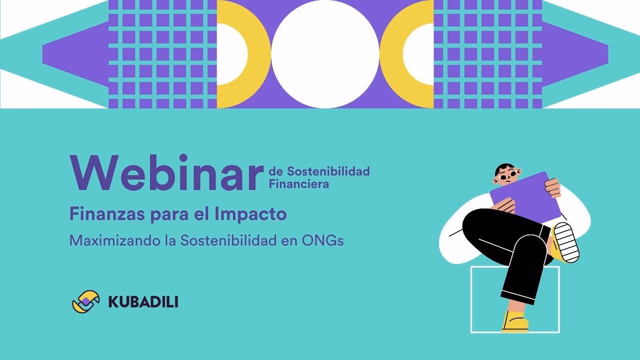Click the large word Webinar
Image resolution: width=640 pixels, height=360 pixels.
point(166,173)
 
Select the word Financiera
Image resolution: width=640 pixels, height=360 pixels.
point(299,184)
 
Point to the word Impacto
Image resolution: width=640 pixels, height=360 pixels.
point(250,214)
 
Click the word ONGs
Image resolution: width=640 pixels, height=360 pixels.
point(322,240)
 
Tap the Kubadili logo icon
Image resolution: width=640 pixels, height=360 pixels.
point(86,301)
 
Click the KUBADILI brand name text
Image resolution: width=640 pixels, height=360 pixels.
point(143,302)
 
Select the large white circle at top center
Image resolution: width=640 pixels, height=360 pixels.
point(325,54)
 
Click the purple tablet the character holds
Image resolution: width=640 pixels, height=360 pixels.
point(525,197)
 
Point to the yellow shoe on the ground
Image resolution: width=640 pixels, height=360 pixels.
point(515,322)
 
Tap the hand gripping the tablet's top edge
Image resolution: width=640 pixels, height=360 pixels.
point(553,187)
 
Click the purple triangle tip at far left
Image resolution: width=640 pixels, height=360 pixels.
point(55,54)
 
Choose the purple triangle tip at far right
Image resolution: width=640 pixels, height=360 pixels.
point(595,54)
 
